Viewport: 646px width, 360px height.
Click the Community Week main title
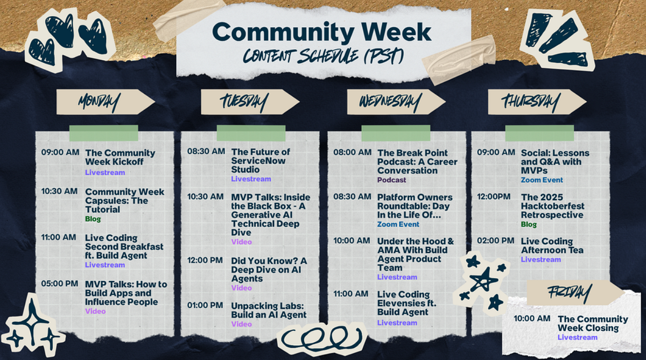click(322, 32)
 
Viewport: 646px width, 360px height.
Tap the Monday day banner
click(100, 102)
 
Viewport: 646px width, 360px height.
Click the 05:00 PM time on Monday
click(59, 284)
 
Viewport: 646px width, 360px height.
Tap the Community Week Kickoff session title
click(120, 157)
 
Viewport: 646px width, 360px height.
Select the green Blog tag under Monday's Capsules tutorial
click(93, 219)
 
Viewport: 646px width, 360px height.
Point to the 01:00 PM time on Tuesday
click(205, 305)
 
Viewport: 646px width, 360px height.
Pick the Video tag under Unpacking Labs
click(241, 324)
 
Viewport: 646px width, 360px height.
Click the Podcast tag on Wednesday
click(391, 180)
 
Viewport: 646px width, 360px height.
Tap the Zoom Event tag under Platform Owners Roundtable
click(398, 224)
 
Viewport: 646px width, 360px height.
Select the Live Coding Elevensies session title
click(403, 303)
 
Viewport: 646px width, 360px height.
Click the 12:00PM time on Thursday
click(494, 196)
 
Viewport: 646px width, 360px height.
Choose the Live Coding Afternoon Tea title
click(552, 245)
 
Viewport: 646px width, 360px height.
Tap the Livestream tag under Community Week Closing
click(577, 337)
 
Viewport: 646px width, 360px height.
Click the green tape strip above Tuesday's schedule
click(251, 133)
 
